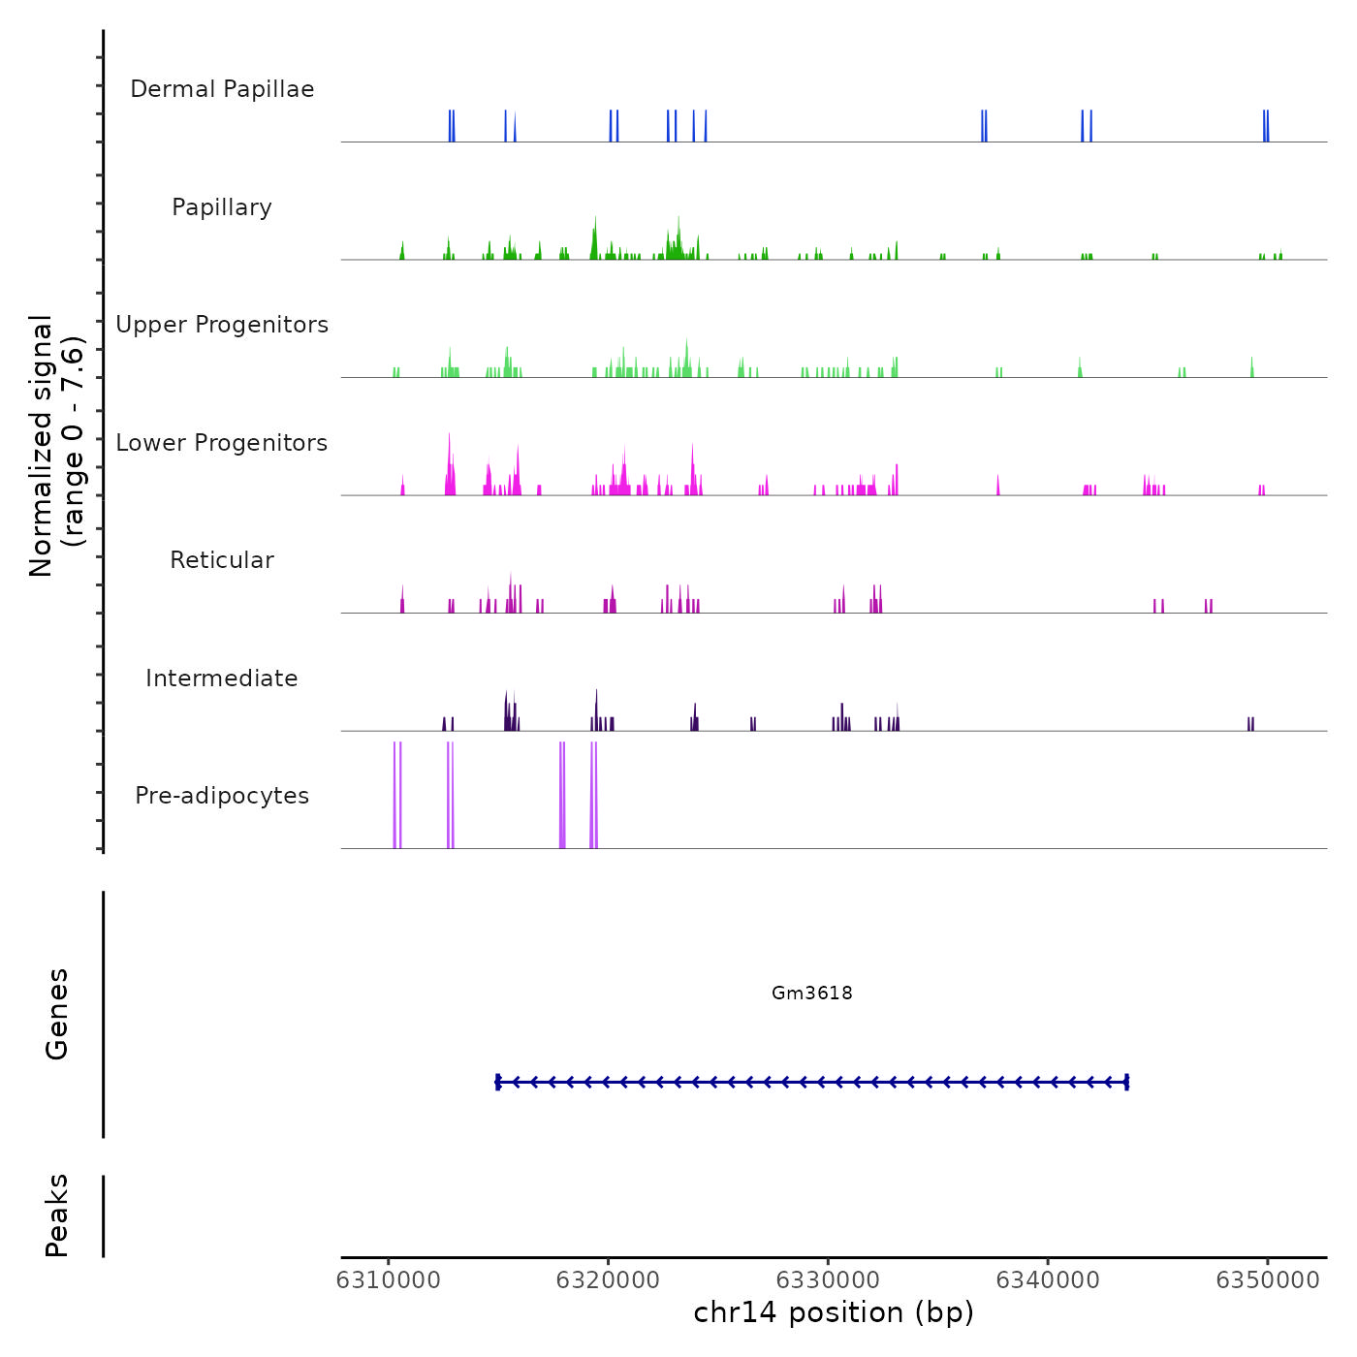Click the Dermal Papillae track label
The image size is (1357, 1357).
tap(222, 89)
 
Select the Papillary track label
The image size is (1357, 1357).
tap(222, 207)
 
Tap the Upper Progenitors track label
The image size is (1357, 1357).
tap(222, 325)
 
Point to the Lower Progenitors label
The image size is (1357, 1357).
tap(222, 443)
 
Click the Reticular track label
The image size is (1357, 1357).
tap(222, 560)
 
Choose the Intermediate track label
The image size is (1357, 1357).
tap(222, 678)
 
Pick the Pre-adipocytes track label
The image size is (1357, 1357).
tap(222, 796)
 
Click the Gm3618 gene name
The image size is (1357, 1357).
tap(812, 993)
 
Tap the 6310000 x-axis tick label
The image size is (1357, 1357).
tap(389, 1280)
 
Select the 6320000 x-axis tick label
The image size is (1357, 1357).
tap(609, 1280)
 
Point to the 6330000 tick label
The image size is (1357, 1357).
tap(829, 1280)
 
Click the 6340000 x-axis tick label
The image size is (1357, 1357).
tap(1048, 1280)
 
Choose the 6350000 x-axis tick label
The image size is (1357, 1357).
tap(1268, 1280)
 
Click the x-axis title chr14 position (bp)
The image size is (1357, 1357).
tap(834, 1312)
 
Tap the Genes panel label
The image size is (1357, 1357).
tap(57, 1014)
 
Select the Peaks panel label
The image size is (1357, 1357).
tap(57, 1215)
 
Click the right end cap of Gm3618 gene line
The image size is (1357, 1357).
tap(1126, 1083)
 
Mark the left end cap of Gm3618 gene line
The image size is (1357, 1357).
tap(497, 1083)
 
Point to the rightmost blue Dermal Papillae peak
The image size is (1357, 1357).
tap(1266, 126)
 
